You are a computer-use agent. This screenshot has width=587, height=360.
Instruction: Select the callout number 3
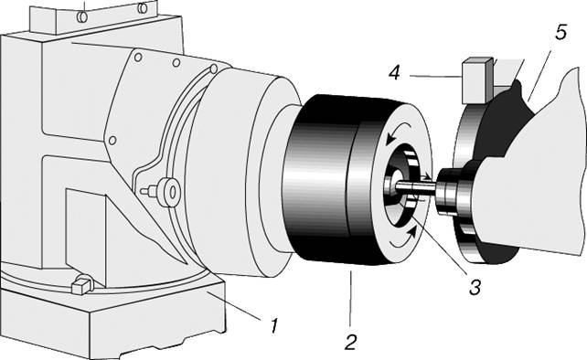[475, 288]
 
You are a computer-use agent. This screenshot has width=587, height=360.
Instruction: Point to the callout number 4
[395, 72]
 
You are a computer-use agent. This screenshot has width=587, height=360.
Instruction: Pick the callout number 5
[560, 32]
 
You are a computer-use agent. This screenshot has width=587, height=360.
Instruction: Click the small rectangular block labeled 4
[476, 80]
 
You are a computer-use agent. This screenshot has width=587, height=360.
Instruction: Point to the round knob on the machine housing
[167, 193]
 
